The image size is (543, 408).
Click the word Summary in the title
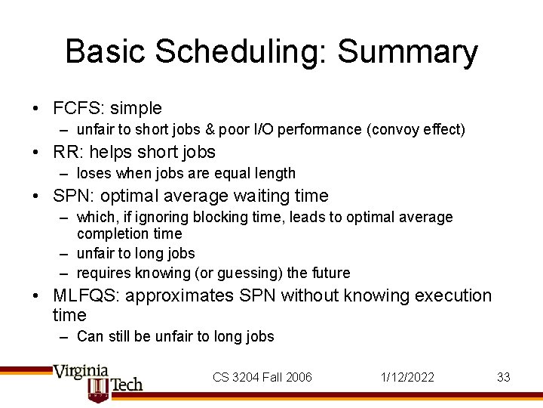(407, 53)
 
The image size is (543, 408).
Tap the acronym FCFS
(78, 109)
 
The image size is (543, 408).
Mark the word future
(330, 274)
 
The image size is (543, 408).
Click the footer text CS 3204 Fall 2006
(262, 377)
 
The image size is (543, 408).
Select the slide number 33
(503, 377)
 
